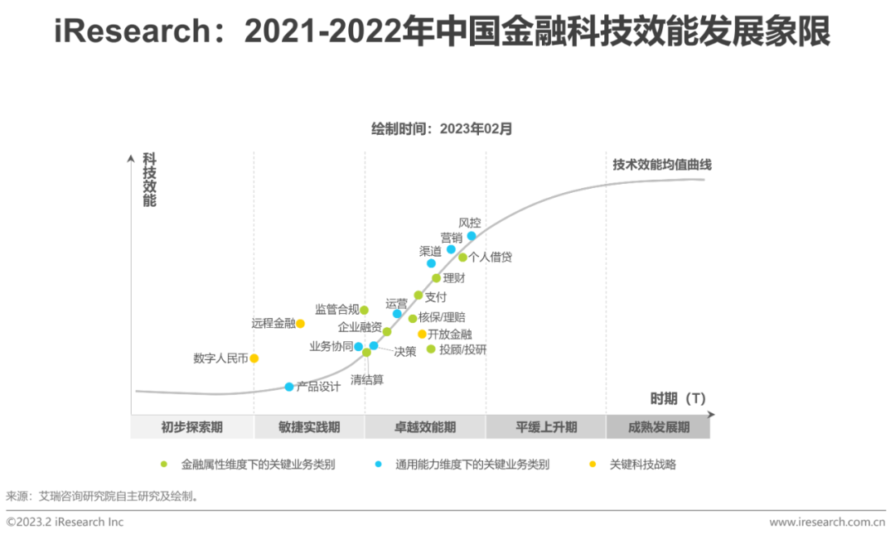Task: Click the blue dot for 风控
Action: [472, 236]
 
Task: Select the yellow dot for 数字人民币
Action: [254, 359]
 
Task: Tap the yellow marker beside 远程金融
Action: [301, 324]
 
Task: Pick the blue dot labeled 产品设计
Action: [289, 387]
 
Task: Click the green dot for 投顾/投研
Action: [431, 349]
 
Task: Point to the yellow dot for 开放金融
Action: [422, 334]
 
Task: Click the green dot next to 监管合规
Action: [364, 310]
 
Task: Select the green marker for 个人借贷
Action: [462, 257]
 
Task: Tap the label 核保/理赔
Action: [442, 318]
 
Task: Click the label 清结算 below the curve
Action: [367, 380]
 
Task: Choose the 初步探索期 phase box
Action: [191, 427]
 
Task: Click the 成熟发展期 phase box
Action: [659, 427]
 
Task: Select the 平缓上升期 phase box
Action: [546, 427]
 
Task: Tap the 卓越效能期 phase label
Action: [424, 427]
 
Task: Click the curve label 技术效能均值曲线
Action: [661, 165]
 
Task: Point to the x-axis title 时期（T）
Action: [678, 398]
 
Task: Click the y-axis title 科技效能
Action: [149, 179]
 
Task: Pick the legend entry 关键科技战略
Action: [642, 464]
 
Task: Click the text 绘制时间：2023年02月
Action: [442, 128]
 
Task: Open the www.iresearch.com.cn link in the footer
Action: [826, 522]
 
